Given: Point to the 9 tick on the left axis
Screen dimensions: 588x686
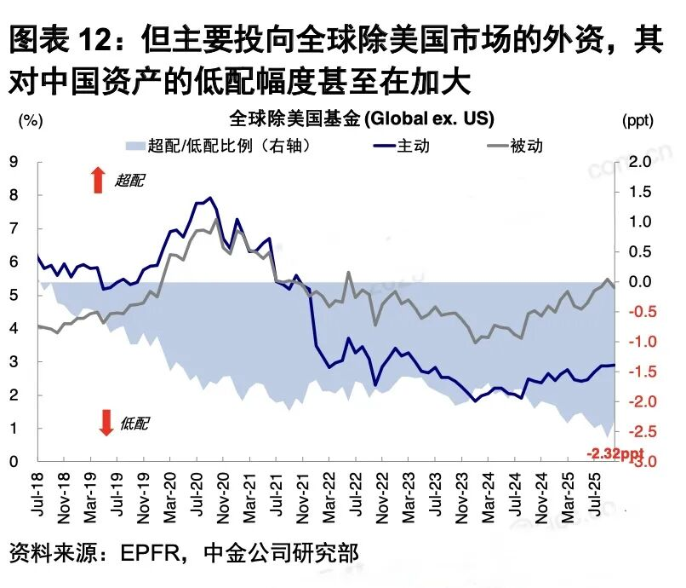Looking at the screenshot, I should (x=14, y=161).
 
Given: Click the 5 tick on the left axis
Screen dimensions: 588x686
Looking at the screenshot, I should (x=14, y=296).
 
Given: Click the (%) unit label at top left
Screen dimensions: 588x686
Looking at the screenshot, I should (x=31, y=120).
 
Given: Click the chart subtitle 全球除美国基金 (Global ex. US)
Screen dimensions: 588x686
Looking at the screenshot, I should (x=362, y=118).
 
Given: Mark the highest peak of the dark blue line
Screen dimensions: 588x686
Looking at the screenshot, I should (x=210, y=198).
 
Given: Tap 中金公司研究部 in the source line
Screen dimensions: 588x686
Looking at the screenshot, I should (x=282, y=553).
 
